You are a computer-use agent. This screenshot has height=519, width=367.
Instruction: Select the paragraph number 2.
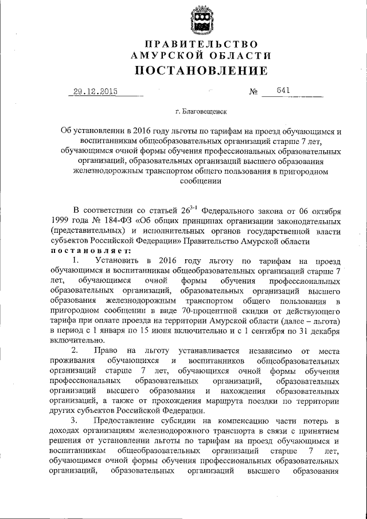pyautogui.click(x=75, y=349)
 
